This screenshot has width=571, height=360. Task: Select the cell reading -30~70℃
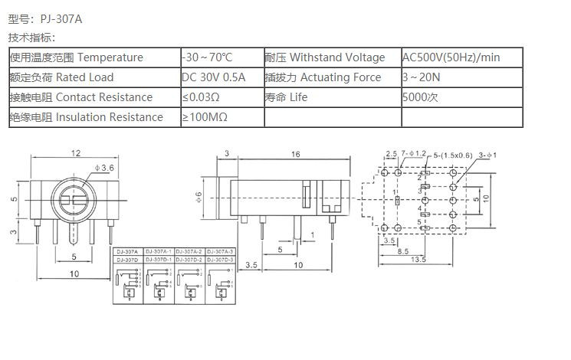[x=207, y=57]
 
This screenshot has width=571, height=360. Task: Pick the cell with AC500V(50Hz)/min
[x=451, y=57]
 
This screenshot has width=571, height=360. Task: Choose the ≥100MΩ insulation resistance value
[x=205, y=117]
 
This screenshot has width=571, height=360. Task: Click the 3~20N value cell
[x=421, y=77]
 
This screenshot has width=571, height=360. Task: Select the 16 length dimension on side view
[x=295, y=154]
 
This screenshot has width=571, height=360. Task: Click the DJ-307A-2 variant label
[x=189, y=251]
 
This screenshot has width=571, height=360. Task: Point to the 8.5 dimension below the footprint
[x=402, y=250]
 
